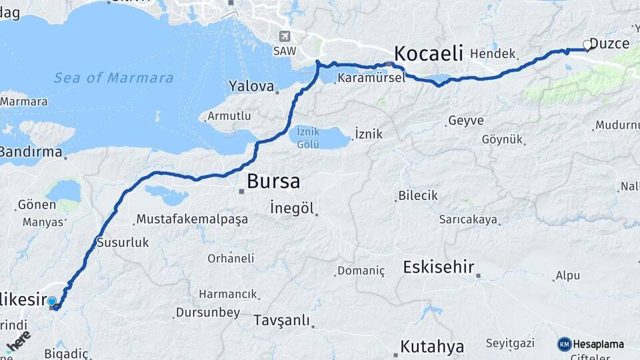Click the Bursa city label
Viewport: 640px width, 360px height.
pos(273,181)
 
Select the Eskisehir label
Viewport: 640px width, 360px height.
pos(438,267)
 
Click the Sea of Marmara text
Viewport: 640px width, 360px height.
pos(113,78)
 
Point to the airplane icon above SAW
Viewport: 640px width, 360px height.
pos(285,36)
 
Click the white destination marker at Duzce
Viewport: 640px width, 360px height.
pos(587,45)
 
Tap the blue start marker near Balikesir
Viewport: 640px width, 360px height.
pos(52,302)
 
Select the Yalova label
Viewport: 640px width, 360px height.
pos(251,86)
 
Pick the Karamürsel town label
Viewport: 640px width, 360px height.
pos(371,78)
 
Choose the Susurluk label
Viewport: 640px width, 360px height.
pos(123,242)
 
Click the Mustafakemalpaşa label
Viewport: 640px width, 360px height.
pos(192,219)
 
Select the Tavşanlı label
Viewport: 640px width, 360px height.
pos(281,321)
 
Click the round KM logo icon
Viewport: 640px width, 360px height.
pos(564,344)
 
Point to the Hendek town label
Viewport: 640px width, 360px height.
pos(493,54)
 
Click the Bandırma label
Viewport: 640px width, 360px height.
pos(29,151)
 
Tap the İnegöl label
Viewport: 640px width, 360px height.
pos(292,208)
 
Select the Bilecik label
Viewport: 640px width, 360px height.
pos(417,195)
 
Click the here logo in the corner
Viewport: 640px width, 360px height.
pos(18,340)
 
